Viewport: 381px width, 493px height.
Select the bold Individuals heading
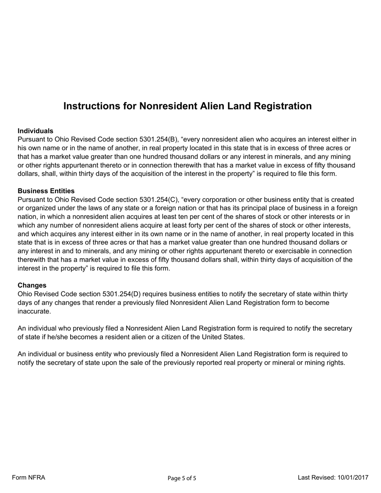pyautogui.click(x=35, y=131)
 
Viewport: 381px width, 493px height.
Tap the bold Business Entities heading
pyautogui.click(x=46, y=191)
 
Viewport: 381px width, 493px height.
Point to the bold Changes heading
pyautogui.click(x=32, y=285)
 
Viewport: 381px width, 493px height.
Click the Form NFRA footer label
pyautogui.click(x=28, y=477)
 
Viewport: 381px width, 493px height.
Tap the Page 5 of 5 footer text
pyautogui.click(x=182, y=478)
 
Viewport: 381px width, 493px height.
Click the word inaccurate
pyautogui.click(x=34, y=311)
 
